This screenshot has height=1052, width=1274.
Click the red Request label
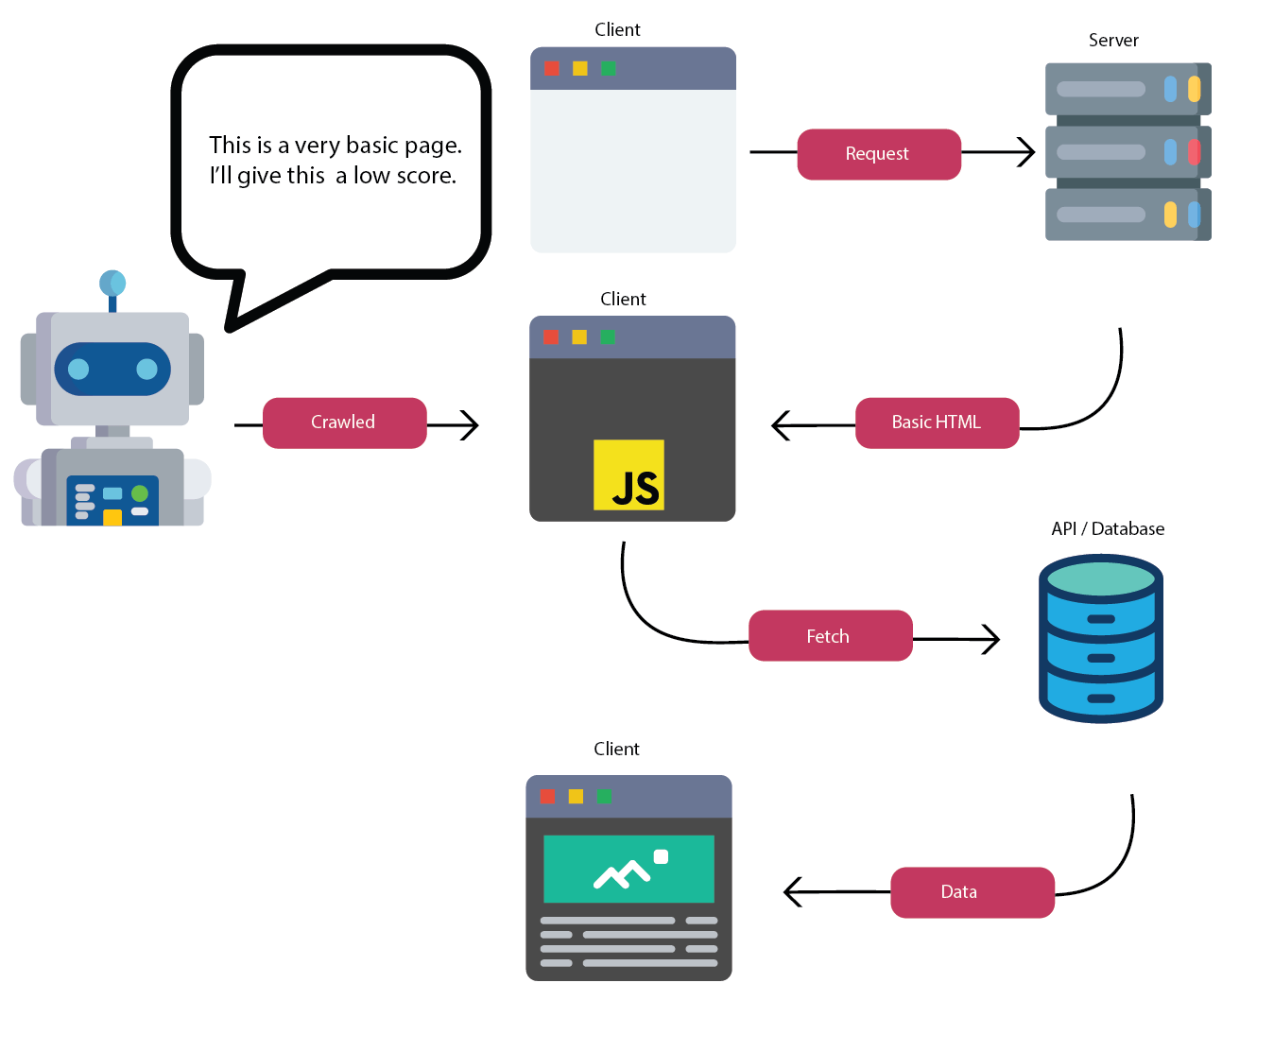[878, 154]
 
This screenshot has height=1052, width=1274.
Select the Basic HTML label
[937, 423]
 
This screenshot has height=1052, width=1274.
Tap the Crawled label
[344, 423]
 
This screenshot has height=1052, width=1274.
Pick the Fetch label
[829, 636]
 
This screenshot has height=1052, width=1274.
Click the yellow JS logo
[628, 475]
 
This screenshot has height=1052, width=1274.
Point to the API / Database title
[1108, 529]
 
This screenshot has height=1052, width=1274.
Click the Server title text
[1113, 41]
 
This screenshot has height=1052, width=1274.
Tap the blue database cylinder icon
[1100, 639]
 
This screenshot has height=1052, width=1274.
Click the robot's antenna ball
[112, 283]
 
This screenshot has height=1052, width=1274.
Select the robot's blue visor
[112, 369]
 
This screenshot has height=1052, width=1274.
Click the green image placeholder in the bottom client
[628, 869]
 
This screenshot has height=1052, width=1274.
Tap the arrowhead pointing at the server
[1027, 152]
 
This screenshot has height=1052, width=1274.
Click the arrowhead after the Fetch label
[991, 640]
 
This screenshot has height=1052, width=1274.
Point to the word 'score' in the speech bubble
[424, 176]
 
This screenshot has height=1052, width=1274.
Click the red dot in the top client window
[552, 68]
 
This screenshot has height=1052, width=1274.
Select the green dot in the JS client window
[608, 337]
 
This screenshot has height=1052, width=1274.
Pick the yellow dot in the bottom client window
[576, 797]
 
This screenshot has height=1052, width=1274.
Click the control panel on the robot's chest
[112, 500]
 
